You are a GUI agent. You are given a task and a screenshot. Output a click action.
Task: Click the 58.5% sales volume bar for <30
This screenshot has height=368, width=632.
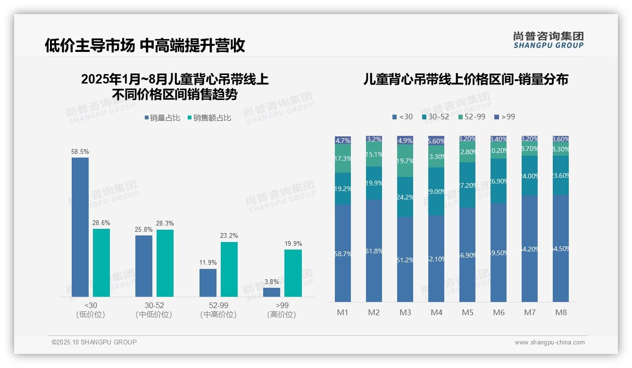(80, 227)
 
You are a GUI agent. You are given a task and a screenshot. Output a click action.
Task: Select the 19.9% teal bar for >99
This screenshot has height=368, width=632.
(293, 273)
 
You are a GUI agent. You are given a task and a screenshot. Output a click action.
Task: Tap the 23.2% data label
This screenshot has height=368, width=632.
(229, 235)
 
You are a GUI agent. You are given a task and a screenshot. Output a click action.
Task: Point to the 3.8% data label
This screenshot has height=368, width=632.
(271, 282)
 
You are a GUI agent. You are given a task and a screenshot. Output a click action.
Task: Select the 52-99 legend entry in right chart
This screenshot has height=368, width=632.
(472, 117)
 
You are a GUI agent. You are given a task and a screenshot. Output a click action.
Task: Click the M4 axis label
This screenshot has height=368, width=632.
(436, 312)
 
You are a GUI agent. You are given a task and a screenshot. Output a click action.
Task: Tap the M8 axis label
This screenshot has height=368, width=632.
(561, 312)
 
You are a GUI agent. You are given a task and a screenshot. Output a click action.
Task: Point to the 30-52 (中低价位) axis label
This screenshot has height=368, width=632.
(154, 310)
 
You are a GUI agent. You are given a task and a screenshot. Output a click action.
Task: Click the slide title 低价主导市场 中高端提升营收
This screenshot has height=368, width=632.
(145, 45)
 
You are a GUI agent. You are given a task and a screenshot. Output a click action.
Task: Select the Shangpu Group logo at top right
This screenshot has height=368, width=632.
(548, 40)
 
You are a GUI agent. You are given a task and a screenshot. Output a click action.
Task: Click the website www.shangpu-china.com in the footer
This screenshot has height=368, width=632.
(549, 343)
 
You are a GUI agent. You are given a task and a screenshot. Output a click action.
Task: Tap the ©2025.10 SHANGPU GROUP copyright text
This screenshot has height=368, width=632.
(94, 342)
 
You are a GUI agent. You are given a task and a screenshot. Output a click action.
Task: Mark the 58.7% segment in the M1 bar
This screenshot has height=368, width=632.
(343, 253)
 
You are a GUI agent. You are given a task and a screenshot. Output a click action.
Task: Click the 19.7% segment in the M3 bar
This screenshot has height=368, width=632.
(405, 161)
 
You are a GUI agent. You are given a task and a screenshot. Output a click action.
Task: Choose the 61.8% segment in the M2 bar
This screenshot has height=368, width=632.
(374, 251)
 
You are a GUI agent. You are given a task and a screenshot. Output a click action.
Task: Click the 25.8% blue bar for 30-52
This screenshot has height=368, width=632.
(144, 266)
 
